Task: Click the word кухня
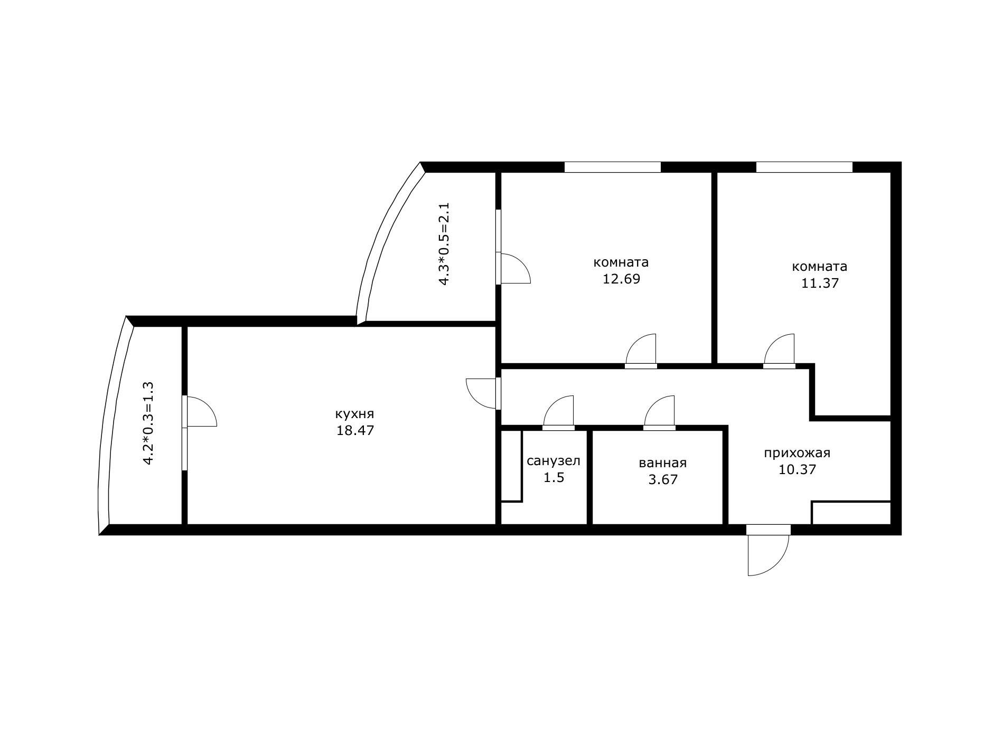(x=355, y=414)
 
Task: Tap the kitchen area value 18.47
(x=355, y=430)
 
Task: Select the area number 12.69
(x=621, y=279)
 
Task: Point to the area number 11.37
(x=820, y=283)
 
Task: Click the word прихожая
(x=797, y=453)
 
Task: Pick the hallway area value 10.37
(x=797, y=469)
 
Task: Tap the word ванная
(x=662, y=463)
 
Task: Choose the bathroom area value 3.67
(x=662, y=479)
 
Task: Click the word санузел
(x=554, y=461)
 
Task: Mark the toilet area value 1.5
(x=554, y=477)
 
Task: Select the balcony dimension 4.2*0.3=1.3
(x=148, y=423)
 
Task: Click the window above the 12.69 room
(x=612, y=167)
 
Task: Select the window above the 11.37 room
(x=804, y=167)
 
